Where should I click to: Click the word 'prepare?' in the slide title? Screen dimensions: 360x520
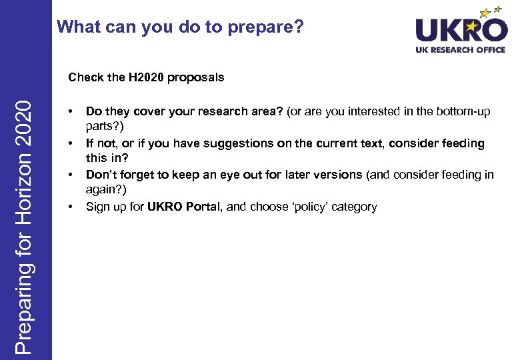pyautogui.click(x=273, y=28)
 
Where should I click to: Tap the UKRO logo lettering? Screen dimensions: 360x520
pyautogui.click(x=460, y=29)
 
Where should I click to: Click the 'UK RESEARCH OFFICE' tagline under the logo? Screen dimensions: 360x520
pyautogui.click(x=460, y=50)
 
